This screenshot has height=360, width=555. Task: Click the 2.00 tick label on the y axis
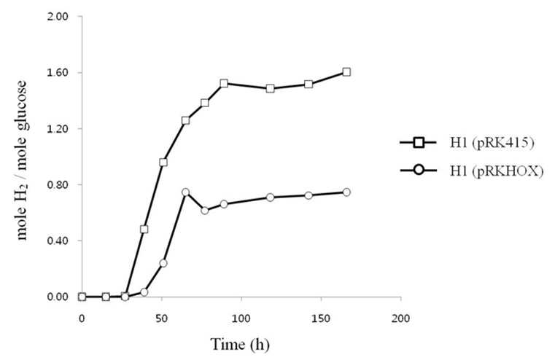click(x=58, y=17)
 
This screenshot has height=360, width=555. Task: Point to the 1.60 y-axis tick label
click(x=58, y=72)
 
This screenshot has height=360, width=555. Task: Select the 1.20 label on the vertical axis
click(x=58, y=129)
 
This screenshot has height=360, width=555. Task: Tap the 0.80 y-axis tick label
click(x=58, y=184)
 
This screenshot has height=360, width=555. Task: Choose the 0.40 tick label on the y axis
click(x=58, y=240)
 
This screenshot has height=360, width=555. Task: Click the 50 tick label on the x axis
click(x=161, y=318)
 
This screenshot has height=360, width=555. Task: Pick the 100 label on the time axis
click(x=241, y=318)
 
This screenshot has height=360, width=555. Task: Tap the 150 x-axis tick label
click(x=321, y=318)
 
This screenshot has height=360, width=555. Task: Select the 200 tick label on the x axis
click(x=400, y=318)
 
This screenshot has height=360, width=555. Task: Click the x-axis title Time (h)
click(x=240, y=344)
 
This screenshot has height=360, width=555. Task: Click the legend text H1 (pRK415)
click(x=492, y=144)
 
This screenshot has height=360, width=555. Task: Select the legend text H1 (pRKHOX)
click(x=497, y=171)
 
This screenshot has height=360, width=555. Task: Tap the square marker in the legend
click(x=419, y=143)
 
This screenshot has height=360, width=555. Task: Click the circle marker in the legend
click(x=419, y=171)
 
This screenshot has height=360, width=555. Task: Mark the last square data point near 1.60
click(x=346, y=72)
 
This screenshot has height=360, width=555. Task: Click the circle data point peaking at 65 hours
click(x=185, y=192)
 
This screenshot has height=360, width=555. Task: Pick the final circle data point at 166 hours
click(x=346, y=192)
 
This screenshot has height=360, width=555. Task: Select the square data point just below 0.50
click(x=144, y=230)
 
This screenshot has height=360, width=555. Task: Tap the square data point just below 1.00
click(x=163, y=163)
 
